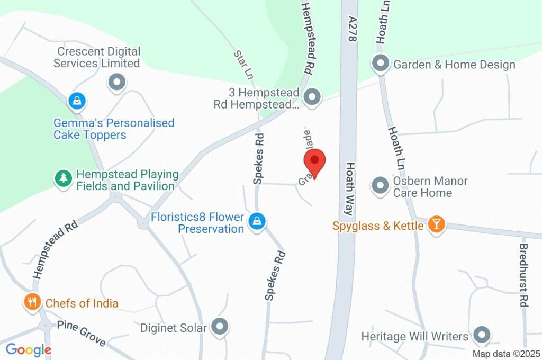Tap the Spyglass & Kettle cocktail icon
tap(436, 224)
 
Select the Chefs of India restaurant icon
tap(33, 302)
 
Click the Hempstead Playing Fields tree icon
tap(64, 178)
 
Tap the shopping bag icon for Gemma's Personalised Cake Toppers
tap(77, 100)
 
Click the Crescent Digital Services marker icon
tap(116, 82)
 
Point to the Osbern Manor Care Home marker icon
tap(380, 186)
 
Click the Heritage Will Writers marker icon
tap(482, 335)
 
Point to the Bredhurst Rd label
tap(523, 275)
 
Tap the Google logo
tap(28, 349)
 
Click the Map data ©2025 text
tap(506, 354)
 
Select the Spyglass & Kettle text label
tap(378, 226)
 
